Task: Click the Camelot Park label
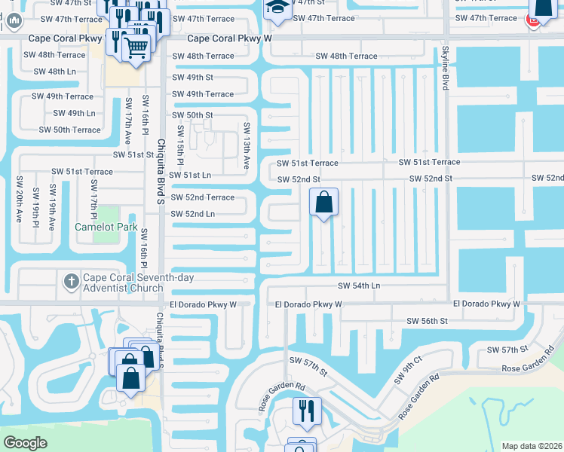(105, 227)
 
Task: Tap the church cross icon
(71, 281)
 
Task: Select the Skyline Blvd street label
(445, 68)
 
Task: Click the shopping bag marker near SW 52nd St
(323, 202)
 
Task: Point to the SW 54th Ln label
(359, 286)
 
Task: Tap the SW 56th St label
(427, 321)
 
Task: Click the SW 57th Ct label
(509, 350)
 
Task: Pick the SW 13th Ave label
(246, 145)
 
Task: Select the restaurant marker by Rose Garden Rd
(307, 411)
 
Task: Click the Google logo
(24, 443)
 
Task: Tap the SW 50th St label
(193, 115)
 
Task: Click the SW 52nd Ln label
(193, 215)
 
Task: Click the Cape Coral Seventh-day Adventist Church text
(128, 283)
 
